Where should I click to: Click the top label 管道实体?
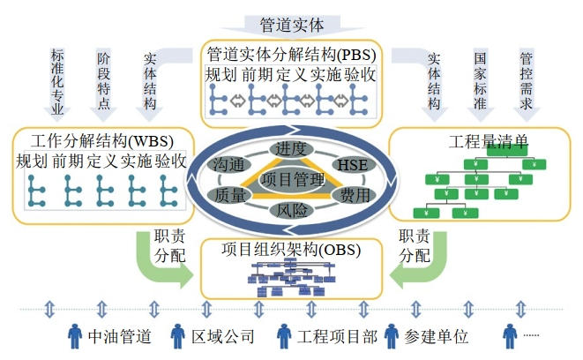[x=292, y=25]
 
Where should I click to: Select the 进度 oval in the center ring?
[x=290, y=148]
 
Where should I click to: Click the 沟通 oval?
[x=228, y=165]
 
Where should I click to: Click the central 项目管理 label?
[x=290, y=180]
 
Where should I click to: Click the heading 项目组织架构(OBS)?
[x=291, y=250]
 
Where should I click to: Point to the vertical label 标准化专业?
[x=59, y=83]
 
